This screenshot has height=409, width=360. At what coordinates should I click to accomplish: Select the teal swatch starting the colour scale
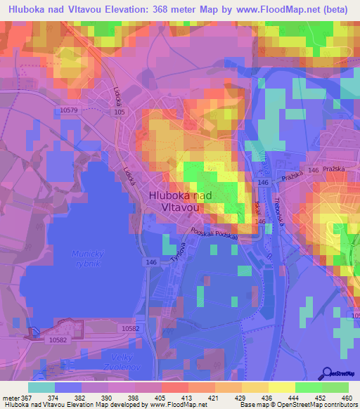tap(41, 387)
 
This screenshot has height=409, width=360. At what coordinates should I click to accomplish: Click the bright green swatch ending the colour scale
tap(335, 387)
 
